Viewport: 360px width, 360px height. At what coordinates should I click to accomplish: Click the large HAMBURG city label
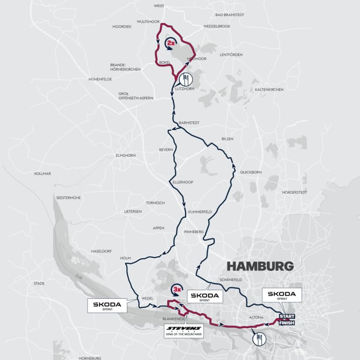260,266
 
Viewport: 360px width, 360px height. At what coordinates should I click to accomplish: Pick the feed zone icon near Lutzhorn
186,79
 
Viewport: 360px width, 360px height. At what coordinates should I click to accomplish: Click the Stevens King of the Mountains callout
184,331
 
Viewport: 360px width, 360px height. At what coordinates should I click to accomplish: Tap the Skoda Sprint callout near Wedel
107,305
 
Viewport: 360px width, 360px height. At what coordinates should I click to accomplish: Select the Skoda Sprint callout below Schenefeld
205,296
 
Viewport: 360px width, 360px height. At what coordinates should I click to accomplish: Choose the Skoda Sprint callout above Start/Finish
282,295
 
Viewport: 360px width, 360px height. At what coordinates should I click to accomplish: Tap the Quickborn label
251,172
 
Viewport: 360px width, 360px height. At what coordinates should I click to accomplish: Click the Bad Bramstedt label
230,15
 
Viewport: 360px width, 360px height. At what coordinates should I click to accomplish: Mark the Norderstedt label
295,192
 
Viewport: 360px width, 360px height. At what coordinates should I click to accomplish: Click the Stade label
39,284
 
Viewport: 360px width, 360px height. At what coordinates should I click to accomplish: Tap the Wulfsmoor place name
148,22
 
